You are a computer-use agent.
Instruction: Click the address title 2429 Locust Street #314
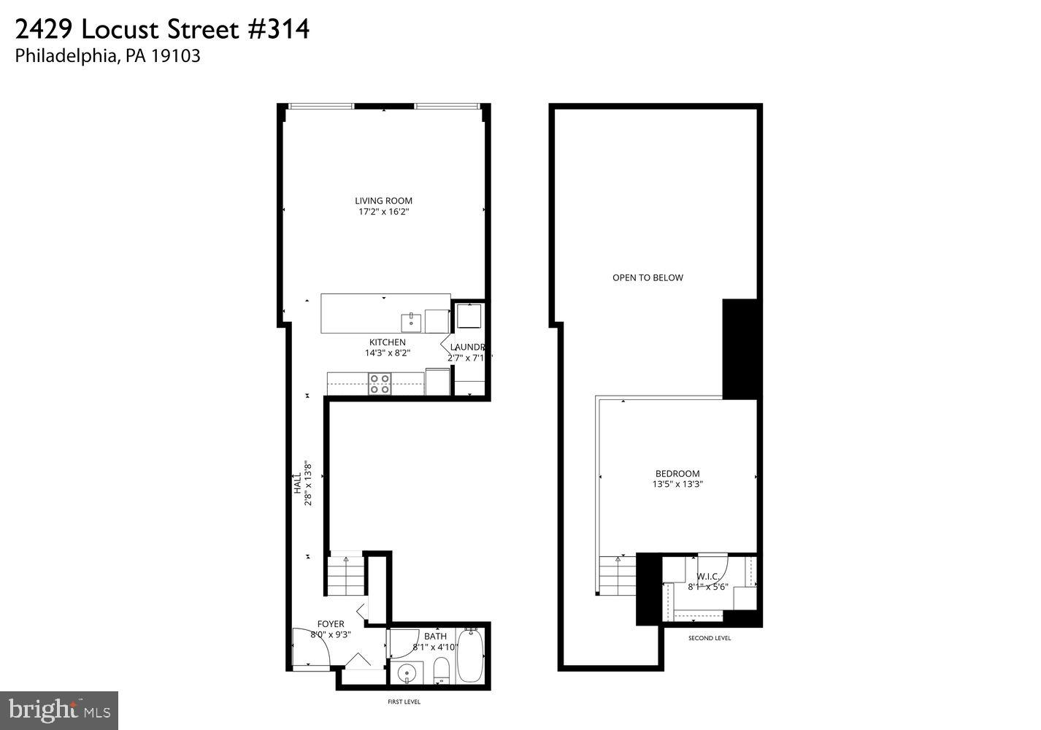click(162, 29)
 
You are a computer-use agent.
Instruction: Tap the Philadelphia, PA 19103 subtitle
click(107, 56)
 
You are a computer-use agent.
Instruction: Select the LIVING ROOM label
click(383, 201)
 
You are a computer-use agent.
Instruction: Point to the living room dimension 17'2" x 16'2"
click(383, 212)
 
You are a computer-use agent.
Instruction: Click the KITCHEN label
click(387, 342)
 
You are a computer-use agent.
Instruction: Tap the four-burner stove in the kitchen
click(379, 383)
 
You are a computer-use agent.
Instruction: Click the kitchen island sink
click(411, 321)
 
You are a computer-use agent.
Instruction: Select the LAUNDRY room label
click(468, 347)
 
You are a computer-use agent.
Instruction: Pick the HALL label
click(298, 483)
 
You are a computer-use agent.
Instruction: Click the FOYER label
click(331, 624)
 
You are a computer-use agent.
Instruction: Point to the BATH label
click(435, 637)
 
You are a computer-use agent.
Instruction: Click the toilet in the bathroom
click(441, 670)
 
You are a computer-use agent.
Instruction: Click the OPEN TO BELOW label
click(648, 277)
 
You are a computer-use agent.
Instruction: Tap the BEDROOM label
click(677, 473)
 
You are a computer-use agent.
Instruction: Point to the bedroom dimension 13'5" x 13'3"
click(677, 484)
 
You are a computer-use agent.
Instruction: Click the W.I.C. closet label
click(708, 576)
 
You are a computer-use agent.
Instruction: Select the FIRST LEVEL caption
click(404, 702)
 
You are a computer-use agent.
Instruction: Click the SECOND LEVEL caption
click(709, 638)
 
